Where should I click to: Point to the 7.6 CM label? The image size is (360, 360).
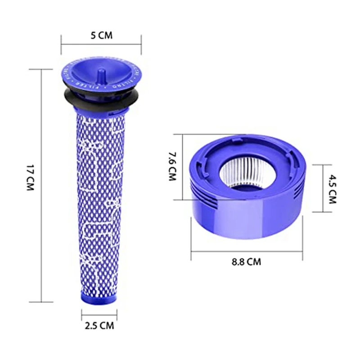point(171,166)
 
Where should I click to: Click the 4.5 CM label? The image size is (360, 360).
point(332,189)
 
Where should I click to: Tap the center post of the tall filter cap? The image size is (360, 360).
point(101,72)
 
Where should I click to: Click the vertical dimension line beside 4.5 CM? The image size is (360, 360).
point(323,188)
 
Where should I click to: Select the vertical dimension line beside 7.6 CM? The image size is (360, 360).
point(182,166)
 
